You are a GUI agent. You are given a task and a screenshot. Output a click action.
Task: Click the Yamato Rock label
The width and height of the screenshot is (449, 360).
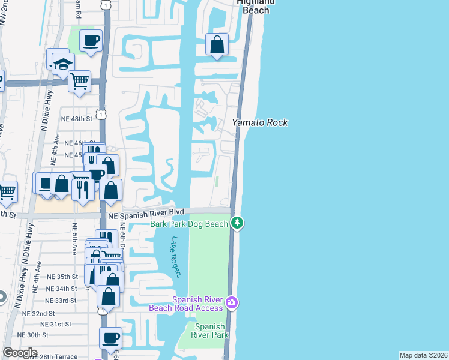click(260, 122)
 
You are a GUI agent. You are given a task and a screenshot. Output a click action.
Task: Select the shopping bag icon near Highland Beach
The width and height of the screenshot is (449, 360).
click(217, 44)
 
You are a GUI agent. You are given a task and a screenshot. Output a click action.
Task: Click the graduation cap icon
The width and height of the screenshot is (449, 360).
click(62, 65)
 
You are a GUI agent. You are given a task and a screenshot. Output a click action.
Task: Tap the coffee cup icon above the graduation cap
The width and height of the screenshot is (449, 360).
click(91, 41)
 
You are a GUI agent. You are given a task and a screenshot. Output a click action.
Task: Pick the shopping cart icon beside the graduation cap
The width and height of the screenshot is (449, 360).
click(79, 80)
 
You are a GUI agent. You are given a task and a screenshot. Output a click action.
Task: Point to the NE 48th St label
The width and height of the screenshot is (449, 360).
click(76, 119)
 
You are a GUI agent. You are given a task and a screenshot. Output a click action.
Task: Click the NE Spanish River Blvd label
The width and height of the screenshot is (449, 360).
click(145, 213)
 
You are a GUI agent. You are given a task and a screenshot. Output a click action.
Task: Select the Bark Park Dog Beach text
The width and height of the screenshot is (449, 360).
click(189, 224)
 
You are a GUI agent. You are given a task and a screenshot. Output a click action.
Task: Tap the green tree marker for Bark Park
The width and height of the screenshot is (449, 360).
click(238, 223)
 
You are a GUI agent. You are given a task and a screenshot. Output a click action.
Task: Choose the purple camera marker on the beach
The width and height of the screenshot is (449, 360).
click(232, 303)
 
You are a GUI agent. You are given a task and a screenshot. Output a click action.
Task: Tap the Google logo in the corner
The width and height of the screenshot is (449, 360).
click(19, 353)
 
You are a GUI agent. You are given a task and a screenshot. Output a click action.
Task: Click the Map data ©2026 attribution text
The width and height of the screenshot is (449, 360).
click(423, 355)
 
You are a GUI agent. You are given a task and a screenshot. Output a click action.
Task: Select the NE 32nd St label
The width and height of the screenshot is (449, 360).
click(38, 313)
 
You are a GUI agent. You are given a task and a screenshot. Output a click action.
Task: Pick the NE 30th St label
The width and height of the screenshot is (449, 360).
click(33, 335)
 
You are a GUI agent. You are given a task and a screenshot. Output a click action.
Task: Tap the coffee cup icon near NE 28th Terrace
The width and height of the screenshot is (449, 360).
click(110, 338)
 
